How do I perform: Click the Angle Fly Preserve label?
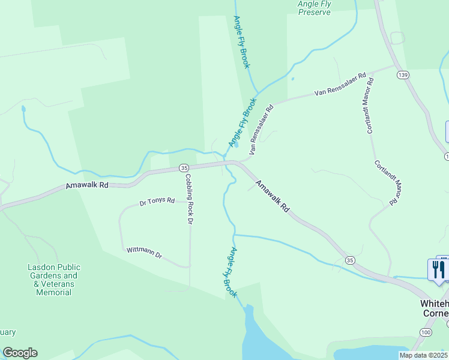[x=314, y=7]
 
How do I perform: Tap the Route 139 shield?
[x=403, y=74]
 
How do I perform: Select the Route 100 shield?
[x=426, y=332]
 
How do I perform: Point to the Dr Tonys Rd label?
[x=157, y=202]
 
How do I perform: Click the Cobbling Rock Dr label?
[x=188, y=200]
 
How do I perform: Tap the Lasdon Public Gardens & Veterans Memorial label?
[x=53, y=280]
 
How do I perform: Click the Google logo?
[x=20, y=353]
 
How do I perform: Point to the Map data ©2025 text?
[x=423, y=355]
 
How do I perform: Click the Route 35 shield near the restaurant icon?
[x=349, y=260]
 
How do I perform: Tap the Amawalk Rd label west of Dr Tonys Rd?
[x=87, y=187]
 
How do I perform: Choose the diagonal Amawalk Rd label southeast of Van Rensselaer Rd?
[x=273, y=197]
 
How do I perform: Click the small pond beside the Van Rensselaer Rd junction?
[x=236, y=145]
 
